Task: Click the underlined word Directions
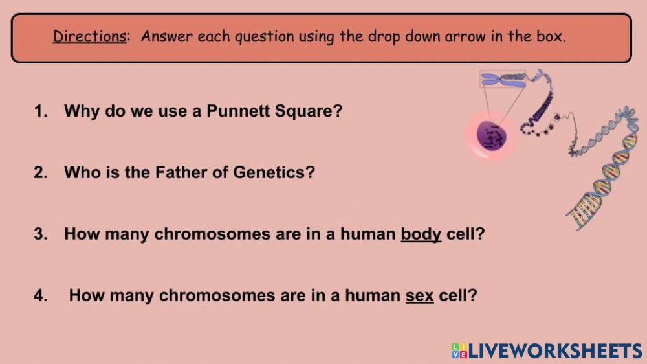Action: point(89,36)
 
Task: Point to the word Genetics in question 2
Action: point(280,173)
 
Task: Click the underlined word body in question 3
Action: point(421,234)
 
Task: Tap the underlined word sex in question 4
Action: point(419,296)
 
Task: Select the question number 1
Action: point(40,111)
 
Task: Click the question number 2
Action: point(40,173)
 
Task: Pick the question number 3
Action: point(40,234)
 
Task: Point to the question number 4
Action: point(40,296)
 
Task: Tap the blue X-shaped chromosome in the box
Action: point(503,80)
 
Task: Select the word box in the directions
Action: point(549,36)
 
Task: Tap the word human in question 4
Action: point(372,296)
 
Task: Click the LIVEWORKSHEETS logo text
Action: point(555,351)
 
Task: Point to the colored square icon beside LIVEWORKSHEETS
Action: point(459,351)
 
